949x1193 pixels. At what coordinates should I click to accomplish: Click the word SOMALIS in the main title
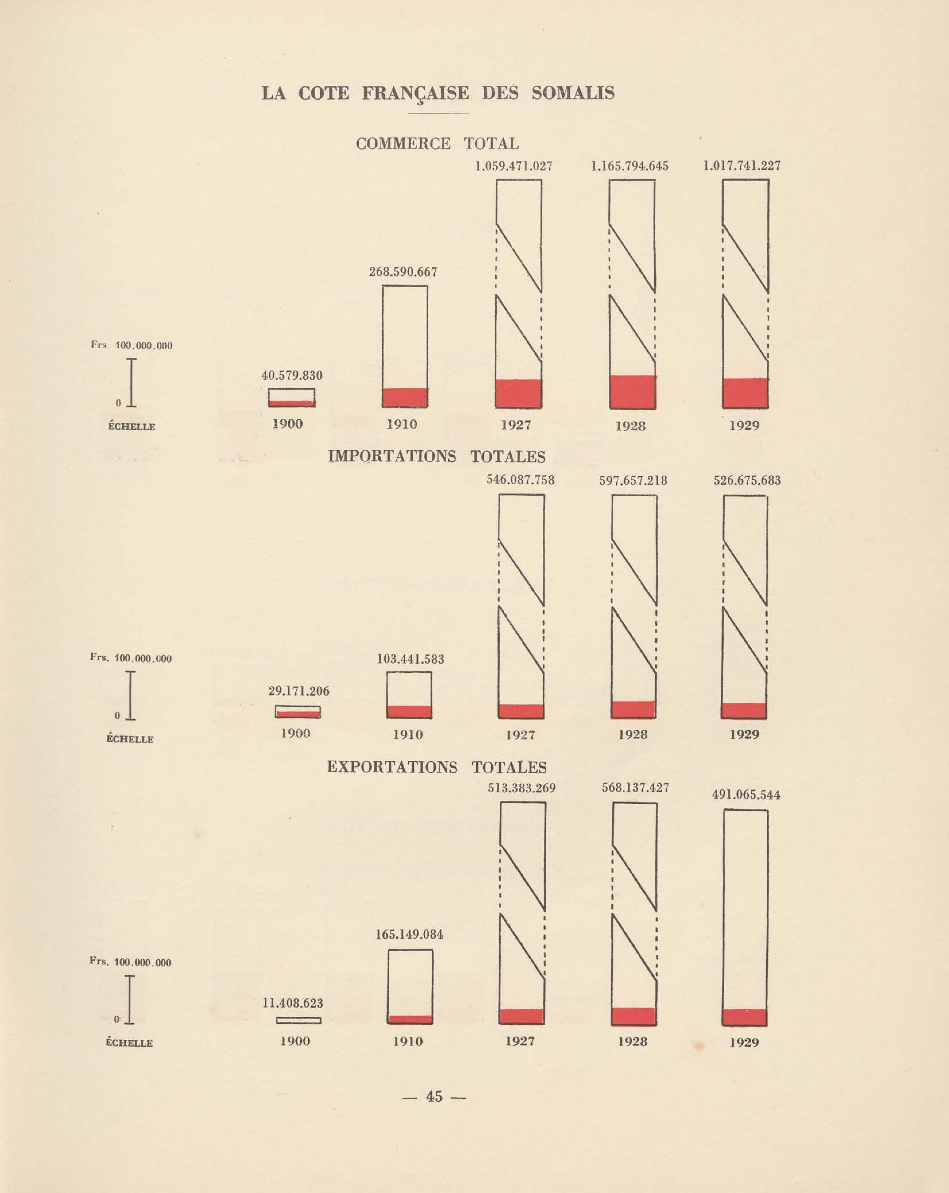573,93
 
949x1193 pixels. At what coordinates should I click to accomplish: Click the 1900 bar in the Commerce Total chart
292,397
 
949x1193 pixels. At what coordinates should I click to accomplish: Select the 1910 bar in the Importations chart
409,695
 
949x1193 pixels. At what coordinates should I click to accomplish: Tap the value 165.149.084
409,935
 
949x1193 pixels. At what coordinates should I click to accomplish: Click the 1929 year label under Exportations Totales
744,1043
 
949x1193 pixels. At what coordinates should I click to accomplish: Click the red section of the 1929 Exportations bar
745,1017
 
